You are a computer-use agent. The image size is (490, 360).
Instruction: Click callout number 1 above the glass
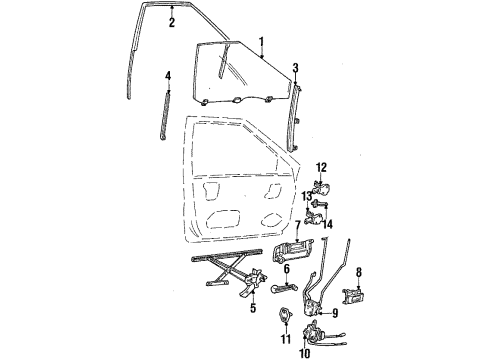261,42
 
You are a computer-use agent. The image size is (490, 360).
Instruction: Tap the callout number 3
295,68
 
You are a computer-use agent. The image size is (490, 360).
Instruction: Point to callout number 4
168,75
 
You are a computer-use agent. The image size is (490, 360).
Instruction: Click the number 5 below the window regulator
253,309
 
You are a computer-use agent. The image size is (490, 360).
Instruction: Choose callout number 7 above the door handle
296,226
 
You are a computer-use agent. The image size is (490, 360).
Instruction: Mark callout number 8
359,270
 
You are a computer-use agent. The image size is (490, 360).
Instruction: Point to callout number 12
321,167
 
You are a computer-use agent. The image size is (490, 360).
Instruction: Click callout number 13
309,198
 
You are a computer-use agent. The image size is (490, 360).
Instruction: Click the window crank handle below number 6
283,291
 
